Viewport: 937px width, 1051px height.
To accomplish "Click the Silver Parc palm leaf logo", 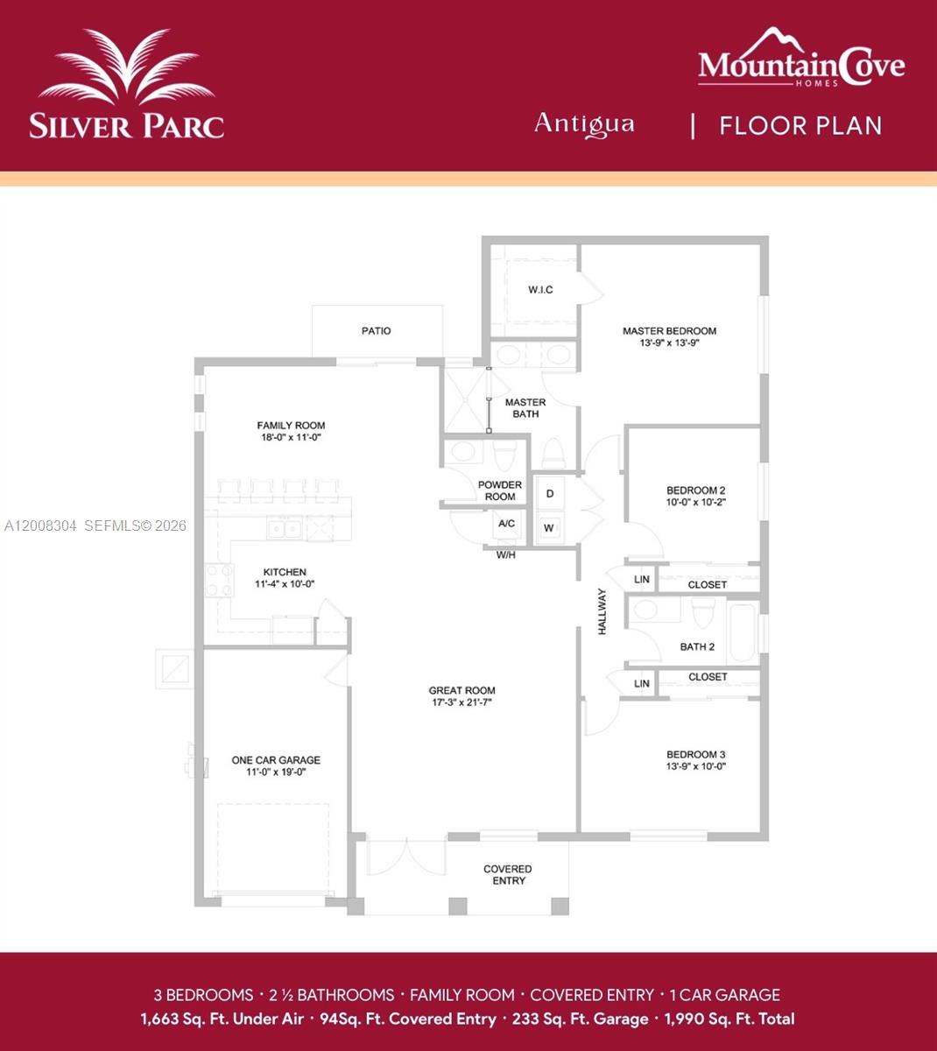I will point(127,70).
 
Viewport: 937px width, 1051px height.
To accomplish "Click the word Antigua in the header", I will point(584,123).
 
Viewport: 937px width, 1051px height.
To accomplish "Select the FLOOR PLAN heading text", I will point(800,125).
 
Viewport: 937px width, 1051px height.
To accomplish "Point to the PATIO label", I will point(377,331).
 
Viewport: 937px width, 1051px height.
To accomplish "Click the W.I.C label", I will point(540,290).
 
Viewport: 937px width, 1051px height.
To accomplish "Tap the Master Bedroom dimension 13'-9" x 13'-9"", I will point(669,343).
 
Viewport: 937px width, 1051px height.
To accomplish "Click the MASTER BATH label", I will point(525,408).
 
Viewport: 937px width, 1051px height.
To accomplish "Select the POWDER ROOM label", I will point(500,490).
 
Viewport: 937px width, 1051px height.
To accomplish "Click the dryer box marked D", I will point(550,494).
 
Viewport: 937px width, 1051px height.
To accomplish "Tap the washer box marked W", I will point(549,528).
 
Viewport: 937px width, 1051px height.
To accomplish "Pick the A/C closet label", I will point(506,524).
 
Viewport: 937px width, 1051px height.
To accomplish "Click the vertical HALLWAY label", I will point(602,611).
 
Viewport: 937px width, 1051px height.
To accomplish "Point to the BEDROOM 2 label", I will point(696,490).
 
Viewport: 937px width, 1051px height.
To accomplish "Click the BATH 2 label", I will point(697,647).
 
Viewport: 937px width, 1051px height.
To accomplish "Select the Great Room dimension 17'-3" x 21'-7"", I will point(462,702).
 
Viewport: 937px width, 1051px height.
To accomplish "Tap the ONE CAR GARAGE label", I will point(276,760).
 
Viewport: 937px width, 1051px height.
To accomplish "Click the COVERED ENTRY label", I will point(508,875).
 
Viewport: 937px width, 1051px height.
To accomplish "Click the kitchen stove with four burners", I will point(219,580).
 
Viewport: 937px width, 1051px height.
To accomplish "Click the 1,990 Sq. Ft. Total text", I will point(729,1019).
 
